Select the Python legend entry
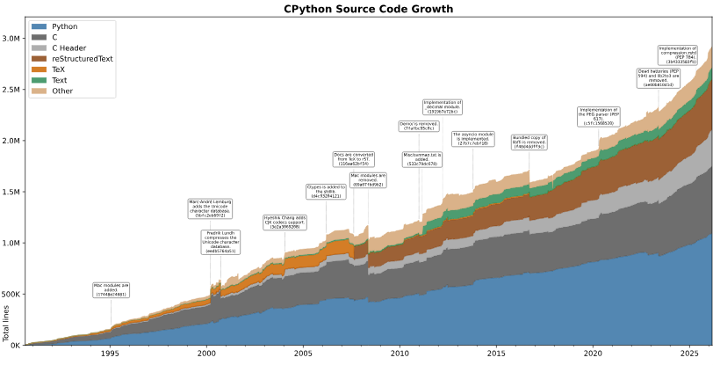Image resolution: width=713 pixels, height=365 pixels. tap(64, 27)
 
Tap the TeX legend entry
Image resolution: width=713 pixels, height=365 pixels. tap(60, 69)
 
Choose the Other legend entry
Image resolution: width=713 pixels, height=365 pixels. tap(63, 91)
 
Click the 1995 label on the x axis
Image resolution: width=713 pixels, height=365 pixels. tap(111, 354)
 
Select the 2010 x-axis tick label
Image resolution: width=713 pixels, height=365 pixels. tap(400, 354)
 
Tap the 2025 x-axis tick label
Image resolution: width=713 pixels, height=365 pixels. tap(689, 354)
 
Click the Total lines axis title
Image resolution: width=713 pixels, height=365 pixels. tap(5, 324)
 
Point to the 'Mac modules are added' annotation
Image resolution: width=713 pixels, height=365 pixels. tap(112, 290)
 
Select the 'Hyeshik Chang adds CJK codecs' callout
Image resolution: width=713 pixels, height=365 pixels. tap(285, 222)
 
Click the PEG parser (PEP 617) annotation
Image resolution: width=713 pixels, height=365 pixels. tap(600, 116)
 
